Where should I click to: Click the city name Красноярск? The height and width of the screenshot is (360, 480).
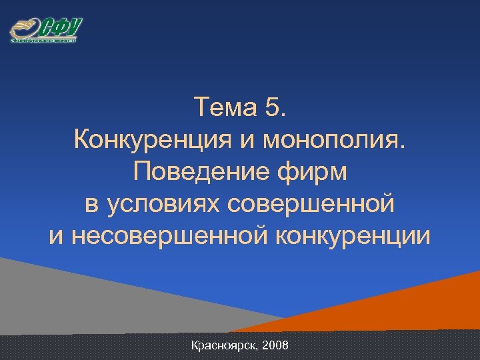pyautogui.click(x=223, y=346)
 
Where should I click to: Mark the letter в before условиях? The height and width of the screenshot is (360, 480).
pyautogui.click(x=91, y=204)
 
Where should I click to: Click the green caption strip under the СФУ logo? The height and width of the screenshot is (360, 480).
pyautogui.click(x=44, y=41)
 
